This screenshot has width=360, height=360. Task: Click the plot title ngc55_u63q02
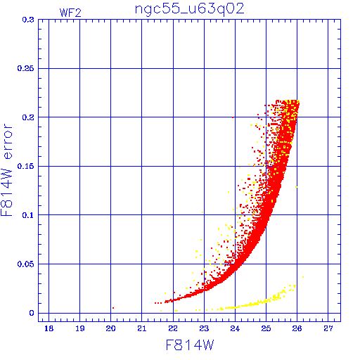[190, 9]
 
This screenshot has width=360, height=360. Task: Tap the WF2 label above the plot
[70, 13]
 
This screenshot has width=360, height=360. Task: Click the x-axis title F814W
[190, 345]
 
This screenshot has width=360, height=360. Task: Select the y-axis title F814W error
[7, 170]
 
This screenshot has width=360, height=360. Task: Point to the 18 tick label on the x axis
[49, 328]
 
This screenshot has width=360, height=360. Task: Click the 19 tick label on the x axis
[79, 328]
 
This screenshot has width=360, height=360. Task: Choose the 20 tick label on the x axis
[110, 328]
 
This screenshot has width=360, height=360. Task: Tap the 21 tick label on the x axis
[141, 328]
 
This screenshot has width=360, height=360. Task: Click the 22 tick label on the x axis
[173, 328]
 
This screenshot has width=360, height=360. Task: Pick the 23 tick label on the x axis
[204, 328]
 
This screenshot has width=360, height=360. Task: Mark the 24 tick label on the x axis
[235, 328]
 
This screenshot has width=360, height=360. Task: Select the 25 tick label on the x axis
[266, 328]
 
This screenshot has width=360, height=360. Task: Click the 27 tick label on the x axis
[328, 328]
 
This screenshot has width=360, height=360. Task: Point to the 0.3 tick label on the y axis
[28, 20]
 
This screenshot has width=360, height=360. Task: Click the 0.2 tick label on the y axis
[28, 117]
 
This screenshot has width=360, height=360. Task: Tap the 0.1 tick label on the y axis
[28, 215]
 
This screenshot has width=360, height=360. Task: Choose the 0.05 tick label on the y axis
[26, 264]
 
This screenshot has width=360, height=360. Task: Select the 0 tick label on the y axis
[32, 313]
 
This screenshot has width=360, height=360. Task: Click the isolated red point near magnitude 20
[113, 308]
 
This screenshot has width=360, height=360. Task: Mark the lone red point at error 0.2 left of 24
[233, 117]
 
